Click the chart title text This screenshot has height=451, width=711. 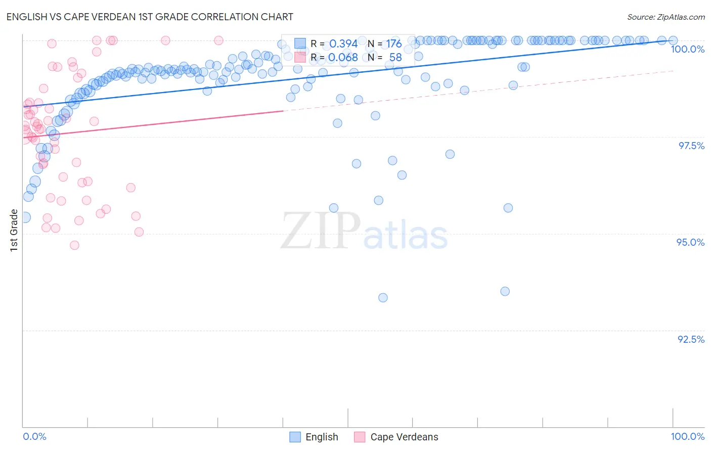[x=150, y=17]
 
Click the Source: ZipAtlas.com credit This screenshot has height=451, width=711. [x=665, y=17]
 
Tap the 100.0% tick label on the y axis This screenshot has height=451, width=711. [x=687, y=49]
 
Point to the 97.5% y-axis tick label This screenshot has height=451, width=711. [x=691, y=146]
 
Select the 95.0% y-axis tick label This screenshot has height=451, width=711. [x=690, y=242]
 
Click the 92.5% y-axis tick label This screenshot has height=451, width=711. [x=691, y=339]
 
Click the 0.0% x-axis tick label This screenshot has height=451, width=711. [x=34, y=436]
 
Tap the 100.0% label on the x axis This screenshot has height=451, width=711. [x=687, y=436]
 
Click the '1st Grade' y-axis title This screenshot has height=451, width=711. [x=14, y=230]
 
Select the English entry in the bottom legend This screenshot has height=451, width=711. [x=322, y=437]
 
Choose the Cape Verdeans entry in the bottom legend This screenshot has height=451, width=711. [x=404, y=437]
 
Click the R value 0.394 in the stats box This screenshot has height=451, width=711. [x=343, y=44]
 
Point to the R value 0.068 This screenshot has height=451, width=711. [x=343, y=58]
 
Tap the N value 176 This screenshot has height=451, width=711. [x=394, y=44]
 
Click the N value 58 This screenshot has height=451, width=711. [x=395, y=58]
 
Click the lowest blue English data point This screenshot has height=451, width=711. [x=383, y=298]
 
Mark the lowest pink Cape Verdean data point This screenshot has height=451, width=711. [x=74, y=245]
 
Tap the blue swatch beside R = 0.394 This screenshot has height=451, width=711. [x=300, y=43]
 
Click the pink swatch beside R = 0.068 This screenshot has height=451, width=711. [x=300, y=57]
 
